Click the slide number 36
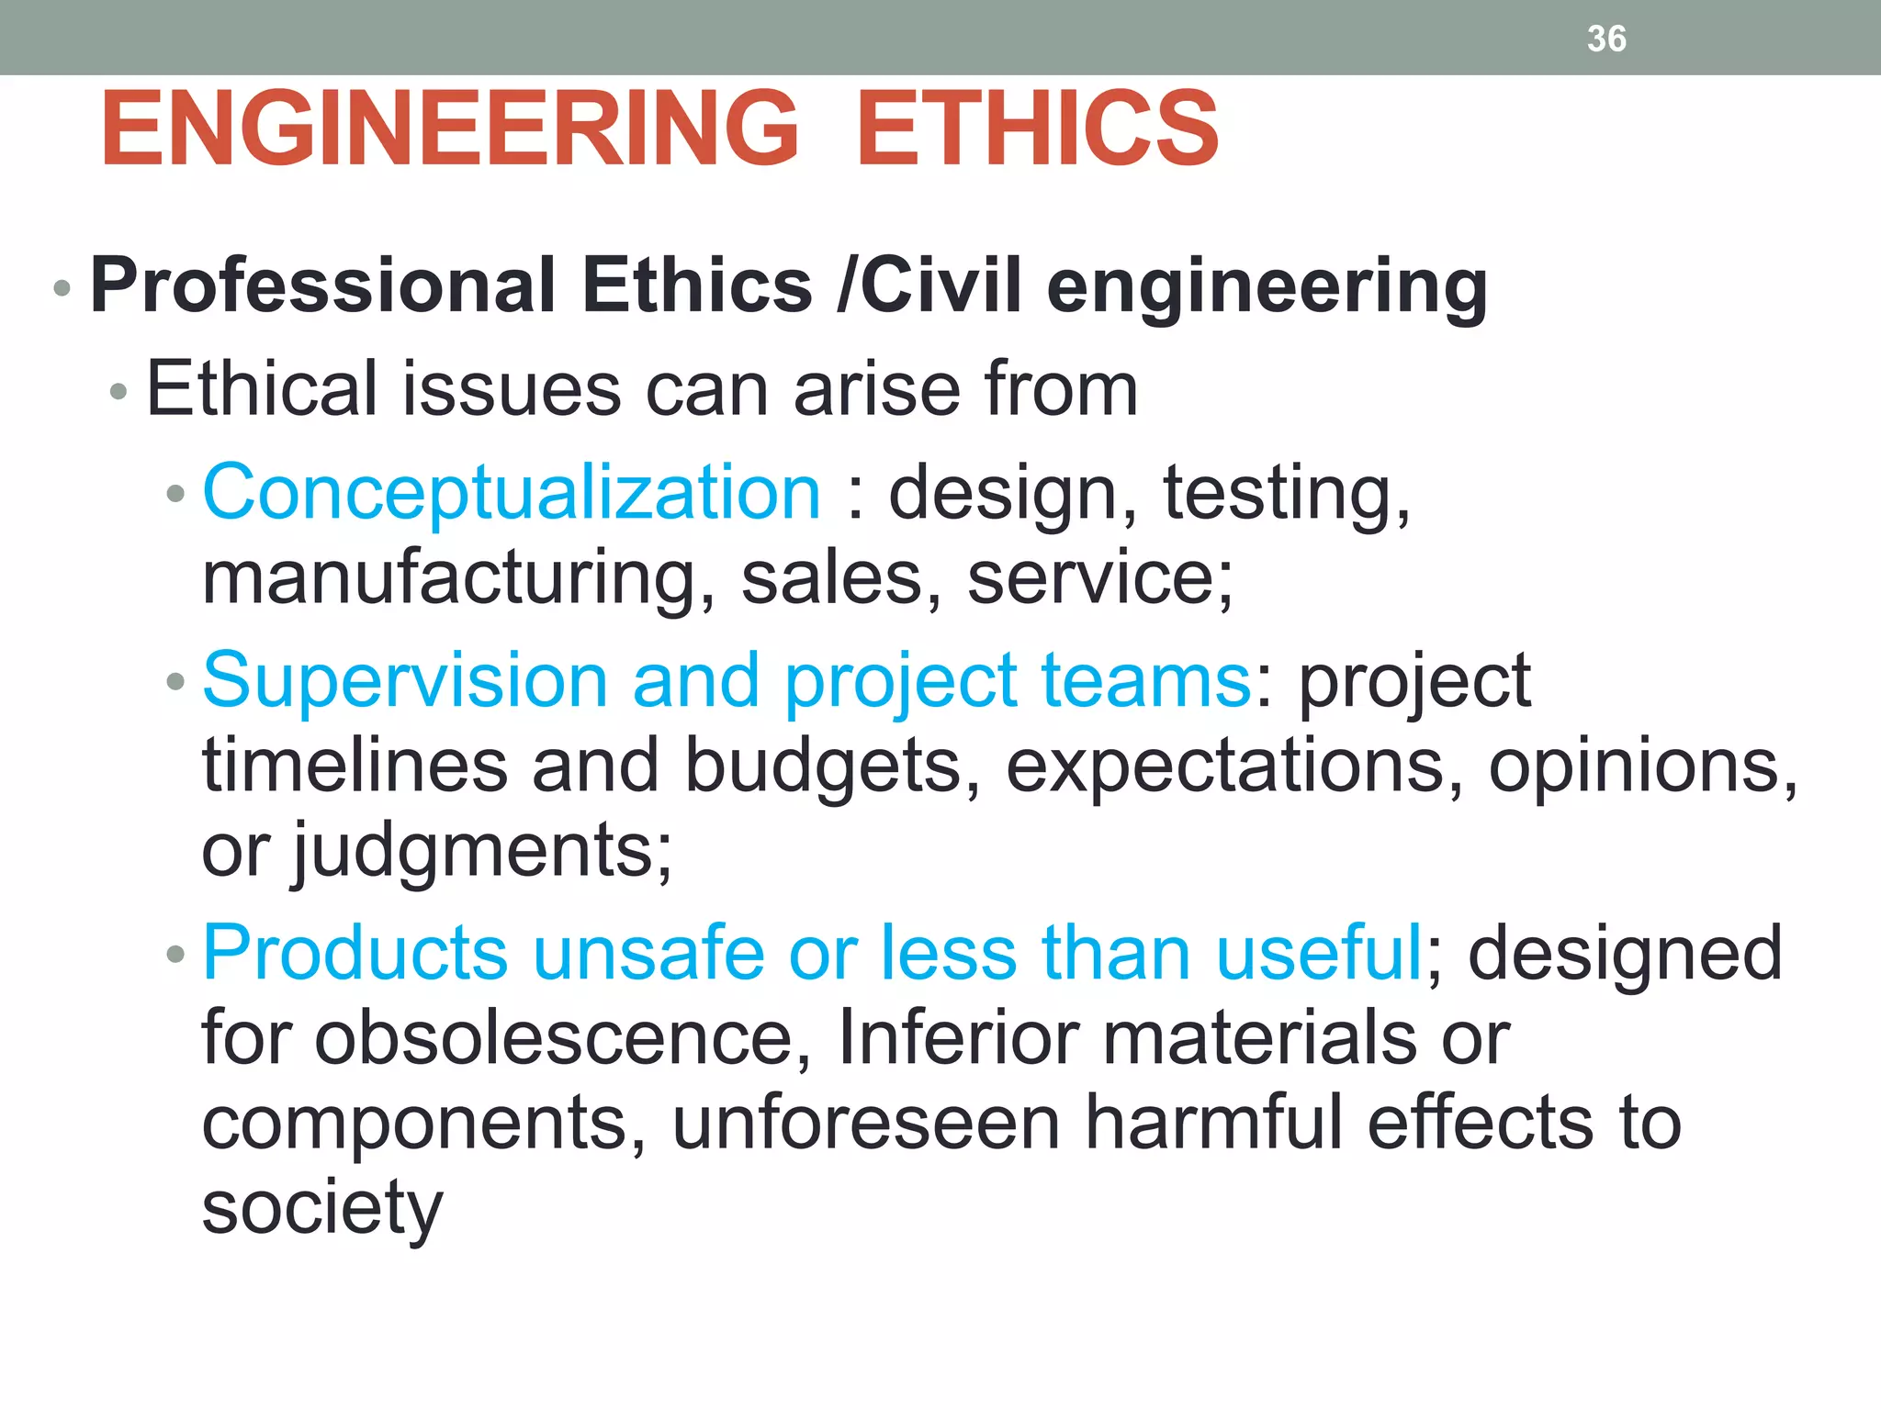pos(1606,39)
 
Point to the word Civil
pos(941,285)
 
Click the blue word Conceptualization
pos(511,493)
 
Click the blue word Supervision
pos(405,681)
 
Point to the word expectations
pos(1234,766)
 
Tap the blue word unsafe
pos(648,953)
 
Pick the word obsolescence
pos(562,1038)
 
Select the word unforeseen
pos(866,1123)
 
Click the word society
pos(322,1208)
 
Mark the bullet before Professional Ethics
pos(62,288)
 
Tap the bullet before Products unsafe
pos(175,956)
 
